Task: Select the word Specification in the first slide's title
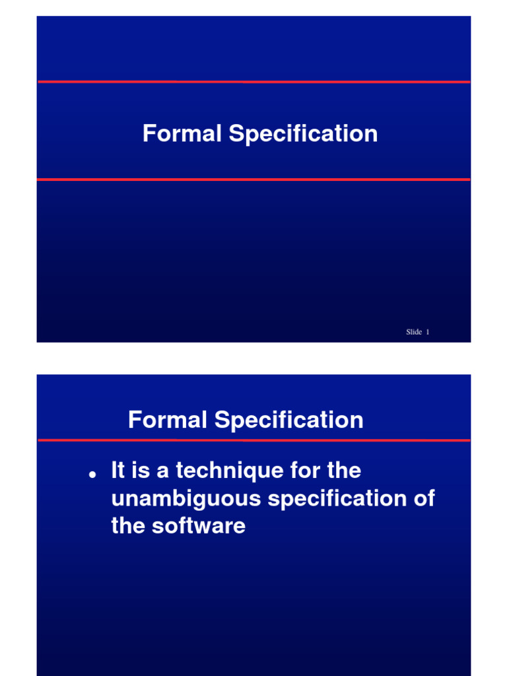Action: click(303, 135)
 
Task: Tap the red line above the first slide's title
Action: click(253, 82)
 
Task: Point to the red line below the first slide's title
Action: click(253, 179)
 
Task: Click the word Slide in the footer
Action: click(414, 332)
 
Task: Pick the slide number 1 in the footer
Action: click(428, 332)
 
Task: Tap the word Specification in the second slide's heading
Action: click(288, 421)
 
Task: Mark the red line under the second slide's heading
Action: click(253, 440)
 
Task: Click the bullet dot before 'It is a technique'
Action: click(93, 475)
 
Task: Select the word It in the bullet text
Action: click(118, 471)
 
